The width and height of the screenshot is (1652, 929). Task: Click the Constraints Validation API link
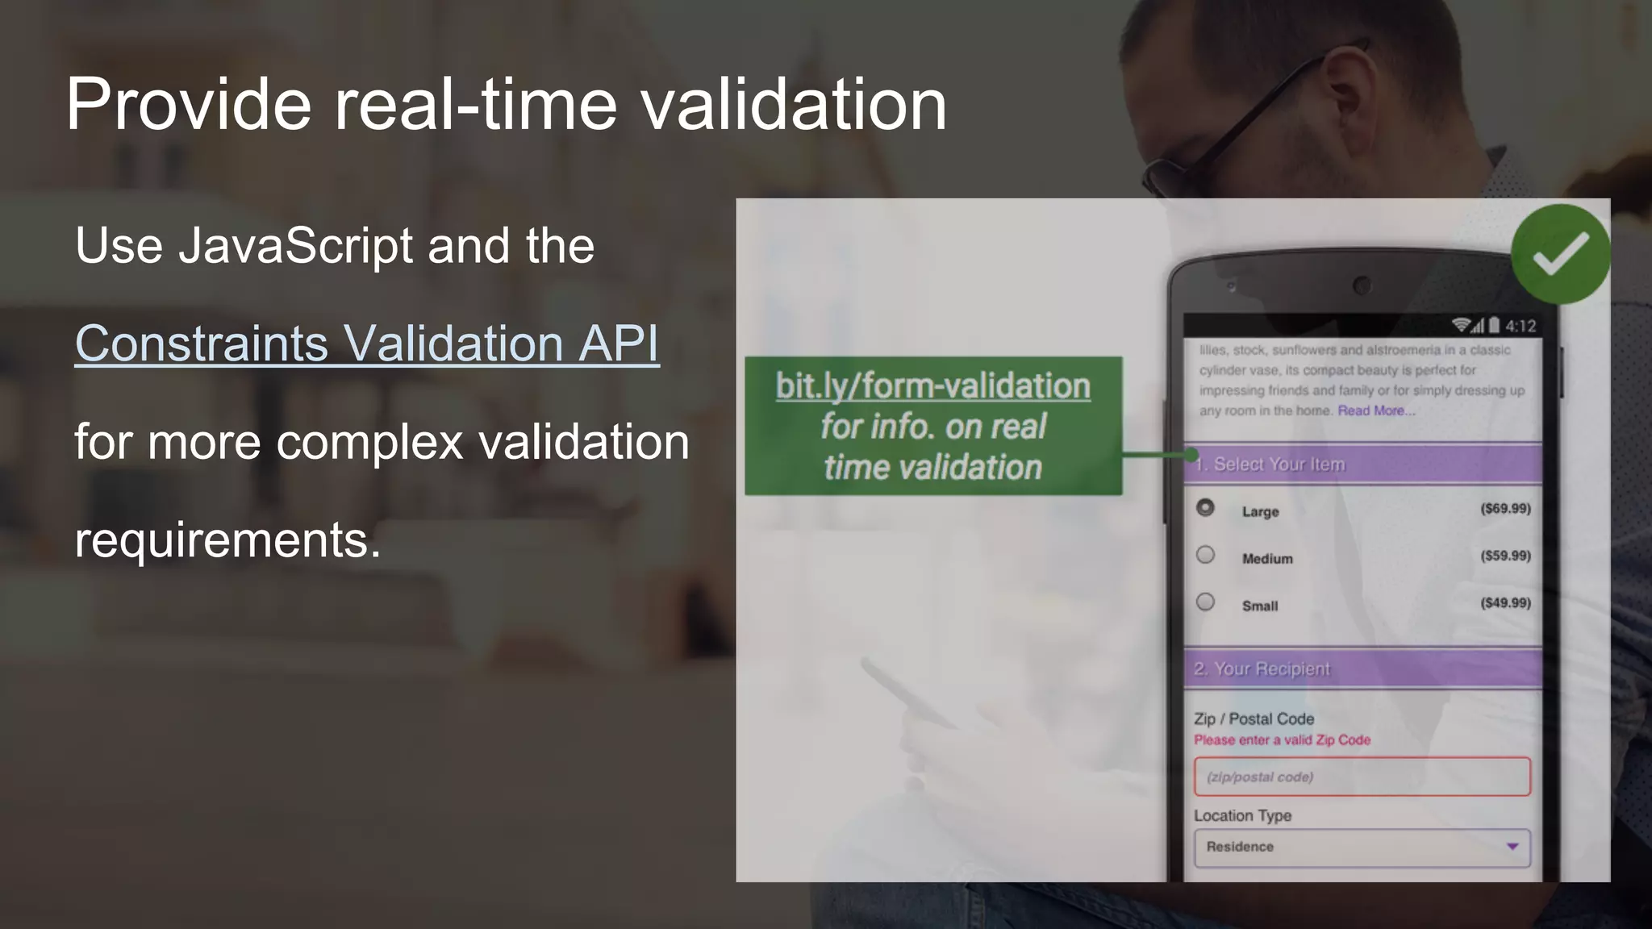coord(367,344)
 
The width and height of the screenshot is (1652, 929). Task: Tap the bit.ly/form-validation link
coord(932,386)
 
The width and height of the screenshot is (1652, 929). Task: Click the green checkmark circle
coord(1560,254)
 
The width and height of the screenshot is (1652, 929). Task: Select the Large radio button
coord(1205,508)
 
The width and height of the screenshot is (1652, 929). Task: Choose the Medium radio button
coord(1205,555)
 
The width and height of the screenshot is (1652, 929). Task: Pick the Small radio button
coord(1205,602)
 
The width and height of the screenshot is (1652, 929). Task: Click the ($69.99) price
coord(1505,509)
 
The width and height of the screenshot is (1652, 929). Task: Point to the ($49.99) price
coord(1505,603)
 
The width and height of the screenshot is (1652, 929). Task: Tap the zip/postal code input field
coord(1362,777)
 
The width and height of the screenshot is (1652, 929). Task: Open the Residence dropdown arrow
coord(1512,847)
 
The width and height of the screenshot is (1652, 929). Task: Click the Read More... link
coord(1376,410)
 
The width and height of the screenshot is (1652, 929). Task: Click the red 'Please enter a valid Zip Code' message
coord(1282,740)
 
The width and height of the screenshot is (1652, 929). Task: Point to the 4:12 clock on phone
coord(1521,326)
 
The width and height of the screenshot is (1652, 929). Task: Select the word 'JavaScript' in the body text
coord(296,245)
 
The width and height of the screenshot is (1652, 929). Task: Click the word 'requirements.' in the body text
coord(227,539)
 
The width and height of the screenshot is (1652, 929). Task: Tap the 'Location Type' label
coord(1242,815)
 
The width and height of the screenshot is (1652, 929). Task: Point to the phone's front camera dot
coord(1362,285)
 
